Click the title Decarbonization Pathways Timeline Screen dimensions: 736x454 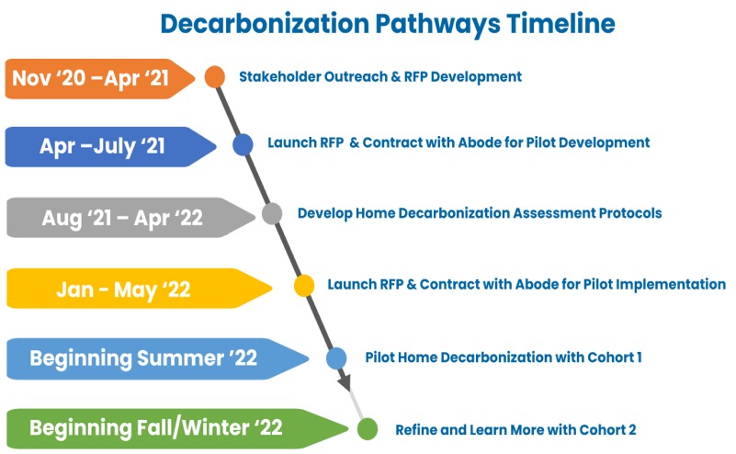pos(388,24)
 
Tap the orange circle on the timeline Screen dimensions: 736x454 pos(215,76)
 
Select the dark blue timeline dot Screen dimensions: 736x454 pos(243,144)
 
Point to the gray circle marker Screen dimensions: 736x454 pos(272,213)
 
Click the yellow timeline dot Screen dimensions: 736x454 pos(304,286)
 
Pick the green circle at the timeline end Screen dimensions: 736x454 pos(367,428)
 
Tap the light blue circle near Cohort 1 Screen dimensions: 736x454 pos(336,358)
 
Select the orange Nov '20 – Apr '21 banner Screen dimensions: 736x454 pos(100,78)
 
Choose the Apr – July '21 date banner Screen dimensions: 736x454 pos(111,146)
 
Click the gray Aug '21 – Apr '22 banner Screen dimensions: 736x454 pos(131,218)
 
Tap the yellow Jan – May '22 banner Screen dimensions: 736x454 pos(140,289)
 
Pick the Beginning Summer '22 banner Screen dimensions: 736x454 pos(158,358)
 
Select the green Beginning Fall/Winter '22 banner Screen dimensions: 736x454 pos(177,428)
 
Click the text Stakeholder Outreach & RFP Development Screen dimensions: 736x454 pos(380,76)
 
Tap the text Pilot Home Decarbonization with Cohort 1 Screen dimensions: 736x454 pos(504,358)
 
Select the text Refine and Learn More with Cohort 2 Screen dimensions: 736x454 pos(515,429)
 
